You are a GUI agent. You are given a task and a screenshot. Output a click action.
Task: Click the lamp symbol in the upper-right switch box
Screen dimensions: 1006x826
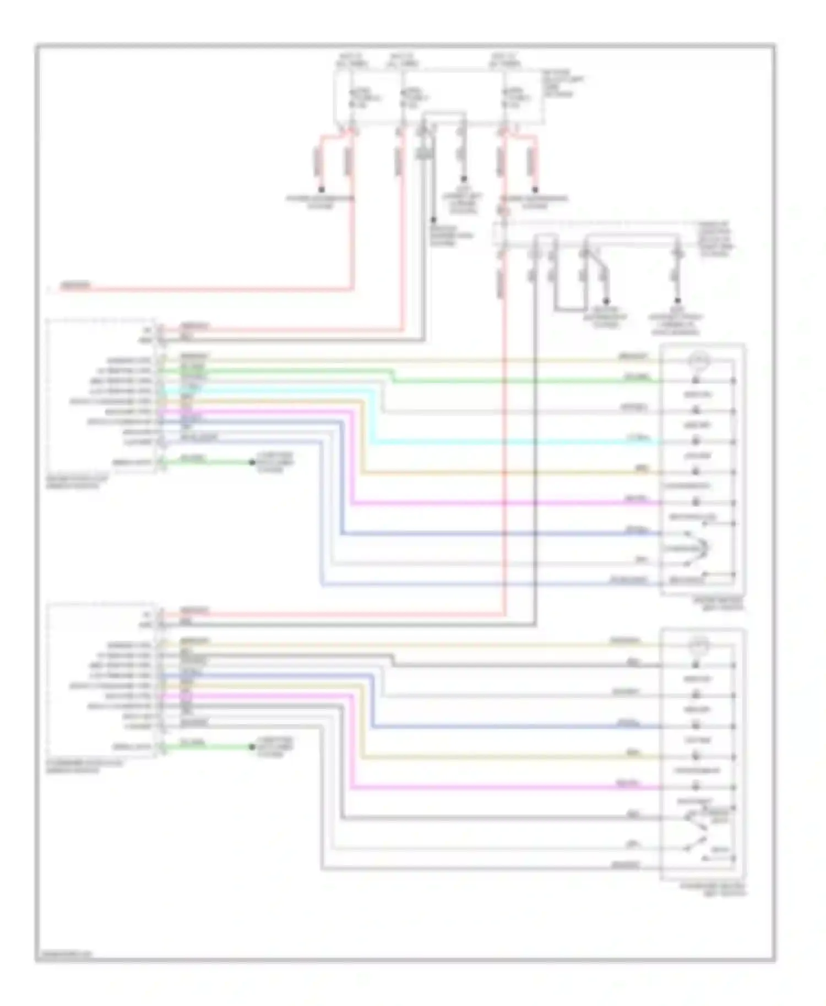698,361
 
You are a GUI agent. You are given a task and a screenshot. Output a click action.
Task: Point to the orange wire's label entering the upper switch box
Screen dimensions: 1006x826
642,469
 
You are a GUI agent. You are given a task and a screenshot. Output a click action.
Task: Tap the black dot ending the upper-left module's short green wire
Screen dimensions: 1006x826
252,462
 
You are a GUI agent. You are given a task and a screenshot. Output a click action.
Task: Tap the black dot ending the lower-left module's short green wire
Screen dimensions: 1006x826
252,747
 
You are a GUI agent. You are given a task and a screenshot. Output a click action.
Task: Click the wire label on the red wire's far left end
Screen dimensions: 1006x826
75,285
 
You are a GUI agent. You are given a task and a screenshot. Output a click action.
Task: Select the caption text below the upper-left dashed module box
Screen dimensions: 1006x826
77,483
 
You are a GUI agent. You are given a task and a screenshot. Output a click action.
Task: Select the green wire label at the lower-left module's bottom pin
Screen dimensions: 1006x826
193,742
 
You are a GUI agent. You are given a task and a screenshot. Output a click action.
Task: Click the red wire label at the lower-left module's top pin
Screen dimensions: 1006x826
194,610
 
